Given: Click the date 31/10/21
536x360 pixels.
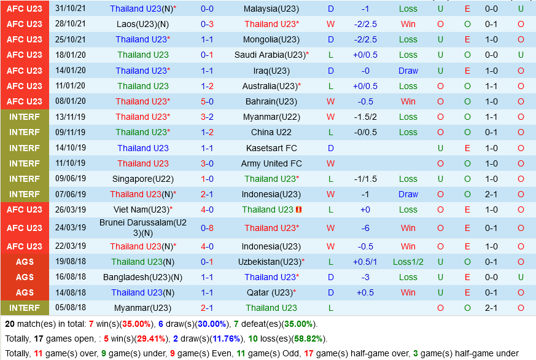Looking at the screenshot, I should tap(71, 9).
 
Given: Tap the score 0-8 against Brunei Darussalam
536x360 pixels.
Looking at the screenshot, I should tap(207, 228).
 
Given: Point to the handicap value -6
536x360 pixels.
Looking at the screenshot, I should tap(365, 228).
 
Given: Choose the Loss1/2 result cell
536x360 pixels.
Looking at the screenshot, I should tap(408, 262).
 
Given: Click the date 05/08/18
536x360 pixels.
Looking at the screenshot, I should tap(71, 308).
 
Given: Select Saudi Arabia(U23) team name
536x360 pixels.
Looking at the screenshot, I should tap(270, 55).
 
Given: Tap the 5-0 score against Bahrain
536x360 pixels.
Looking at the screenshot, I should tap(207, 101).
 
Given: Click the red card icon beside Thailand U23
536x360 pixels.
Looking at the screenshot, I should tap(299, 209).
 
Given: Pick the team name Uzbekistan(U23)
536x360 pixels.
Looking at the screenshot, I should tap(270, 262).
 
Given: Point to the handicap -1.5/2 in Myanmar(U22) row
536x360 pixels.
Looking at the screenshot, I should tap(365, 117).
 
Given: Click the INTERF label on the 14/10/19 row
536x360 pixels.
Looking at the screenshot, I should tap(25, 148).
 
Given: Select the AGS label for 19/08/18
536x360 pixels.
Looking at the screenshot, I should tap(25, 262).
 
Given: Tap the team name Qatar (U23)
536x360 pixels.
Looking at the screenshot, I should tap(270, 292).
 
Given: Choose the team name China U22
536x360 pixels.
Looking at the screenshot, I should tap(271, 132).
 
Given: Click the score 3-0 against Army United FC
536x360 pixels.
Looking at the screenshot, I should tap(207, 163).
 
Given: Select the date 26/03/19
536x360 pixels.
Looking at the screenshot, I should tap(71, 209).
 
